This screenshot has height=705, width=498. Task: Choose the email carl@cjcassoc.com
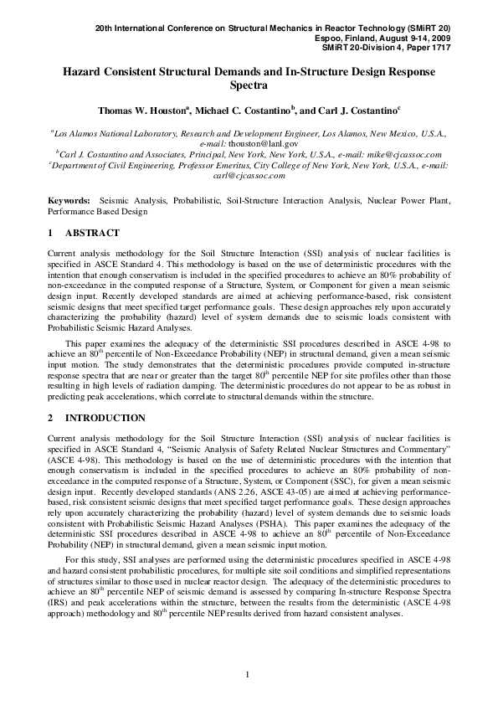click(x=250, y=175)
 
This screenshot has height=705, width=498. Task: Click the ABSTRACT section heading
click(x=92, y=233)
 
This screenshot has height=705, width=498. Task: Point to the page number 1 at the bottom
click(x=249, y=675)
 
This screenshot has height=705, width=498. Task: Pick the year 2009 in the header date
click(x=439, y=38)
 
